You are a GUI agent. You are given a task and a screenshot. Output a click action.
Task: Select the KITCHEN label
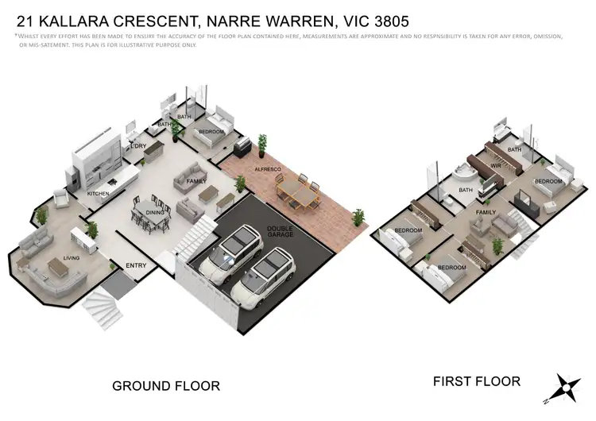coord(99,193)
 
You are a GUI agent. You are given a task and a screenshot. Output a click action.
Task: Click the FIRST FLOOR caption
coord(477,381)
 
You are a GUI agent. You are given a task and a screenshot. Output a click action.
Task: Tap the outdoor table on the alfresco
coord(296,191)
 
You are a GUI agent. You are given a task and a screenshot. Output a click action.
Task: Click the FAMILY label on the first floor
coord(486,212)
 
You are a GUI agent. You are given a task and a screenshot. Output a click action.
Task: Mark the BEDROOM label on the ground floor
coord(211,131)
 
